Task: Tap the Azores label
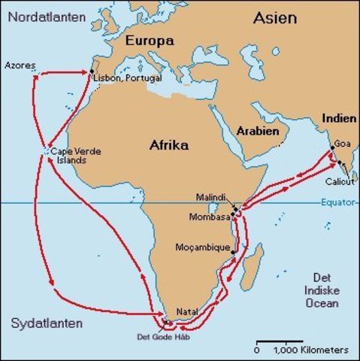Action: tap(20, 65)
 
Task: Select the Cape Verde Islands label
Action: tap(74, 156)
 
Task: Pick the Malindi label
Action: tap(213, 196)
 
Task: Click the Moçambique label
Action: tap(201, 247)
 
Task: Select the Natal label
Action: tap(187, 311)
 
